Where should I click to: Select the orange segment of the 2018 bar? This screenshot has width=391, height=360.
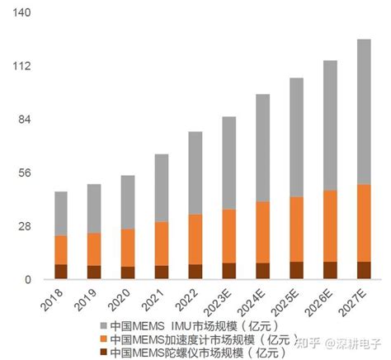pos(61,249)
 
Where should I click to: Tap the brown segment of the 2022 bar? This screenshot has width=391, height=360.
pos(195,272)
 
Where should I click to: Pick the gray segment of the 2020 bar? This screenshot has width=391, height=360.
pos(128,201)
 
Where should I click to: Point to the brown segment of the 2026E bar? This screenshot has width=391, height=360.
pos(330,271)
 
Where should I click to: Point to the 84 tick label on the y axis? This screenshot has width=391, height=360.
pos(25,120)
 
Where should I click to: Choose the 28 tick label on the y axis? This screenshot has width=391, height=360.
pos(25,226)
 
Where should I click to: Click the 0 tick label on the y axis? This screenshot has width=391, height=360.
pos(27,280)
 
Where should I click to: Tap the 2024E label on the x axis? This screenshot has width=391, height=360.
pos(257,301)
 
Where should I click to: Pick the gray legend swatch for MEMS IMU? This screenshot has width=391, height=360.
pos(104,324)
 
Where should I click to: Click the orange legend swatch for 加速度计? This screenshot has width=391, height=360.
pos(104,339)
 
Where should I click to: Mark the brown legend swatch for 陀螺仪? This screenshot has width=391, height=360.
pos(104,353)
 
